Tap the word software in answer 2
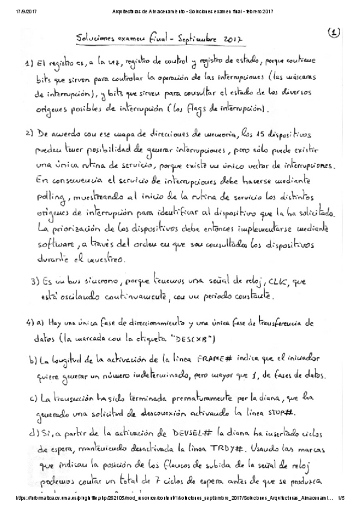[x=55, y=245]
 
